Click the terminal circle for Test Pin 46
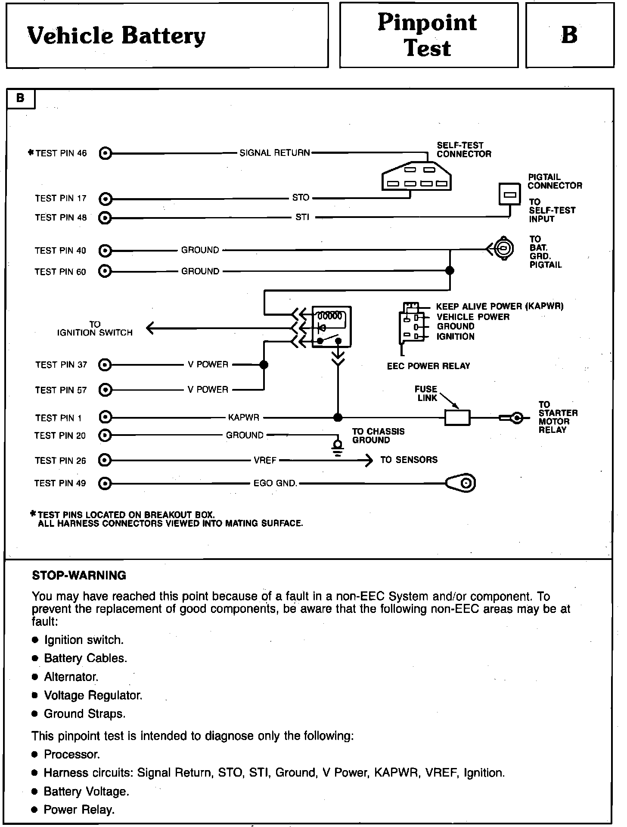105,153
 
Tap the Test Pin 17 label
61,199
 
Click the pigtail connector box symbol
510,194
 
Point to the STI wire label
302,218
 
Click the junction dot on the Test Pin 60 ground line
450,271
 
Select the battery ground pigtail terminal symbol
503,248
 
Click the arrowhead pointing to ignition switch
150,329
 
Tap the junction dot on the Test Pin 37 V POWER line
264,365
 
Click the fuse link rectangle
457,418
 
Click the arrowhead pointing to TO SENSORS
369,460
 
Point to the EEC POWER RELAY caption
428,366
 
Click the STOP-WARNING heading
79,576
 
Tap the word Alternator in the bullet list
71,677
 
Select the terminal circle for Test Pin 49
105,484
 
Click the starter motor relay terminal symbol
516,418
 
